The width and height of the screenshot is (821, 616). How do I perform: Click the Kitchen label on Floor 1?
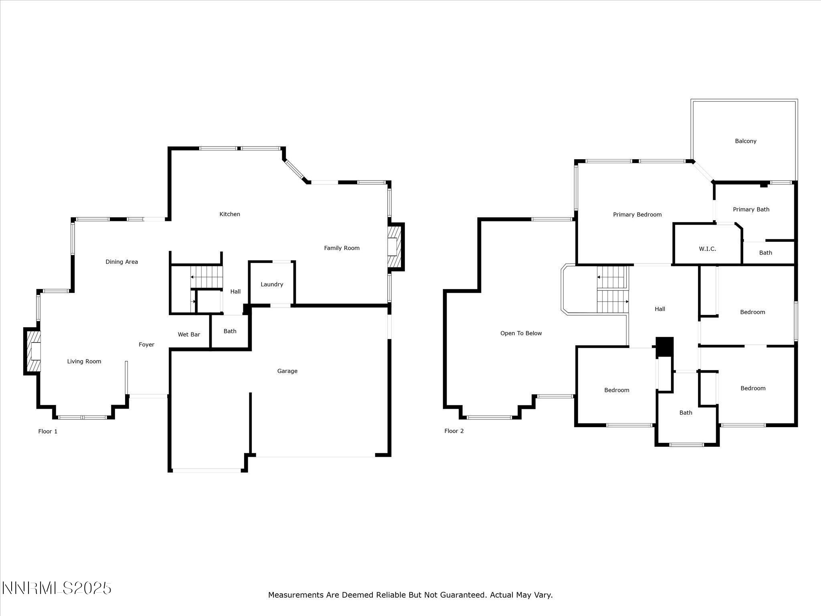(x=230, y=214)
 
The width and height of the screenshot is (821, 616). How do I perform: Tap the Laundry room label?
(x=272, y=284)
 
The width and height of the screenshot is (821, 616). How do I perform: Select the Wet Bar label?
(x=189, y=334)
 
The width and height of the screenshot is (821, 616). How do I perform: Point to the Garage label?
(x=287, y=371)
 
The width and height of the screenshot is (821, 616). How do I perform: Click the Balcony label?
(x=746, y=141)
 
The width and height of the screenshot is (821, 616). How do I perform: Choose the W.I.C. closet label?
(x=708, y=249)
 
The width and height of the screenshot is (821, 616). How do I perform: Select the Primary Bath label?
(x=751, y=209)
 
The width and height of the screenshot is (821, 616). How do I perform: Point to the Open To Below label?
(x=521, y=333)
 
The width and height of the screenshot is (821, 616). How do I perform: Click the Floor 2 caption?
(x=454, y=431)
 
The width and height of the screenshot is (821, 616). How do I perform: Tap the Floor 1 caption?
(x=48, y=432)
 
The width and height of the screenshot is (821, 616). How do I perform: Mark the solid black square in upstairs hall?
(x=665, y=346)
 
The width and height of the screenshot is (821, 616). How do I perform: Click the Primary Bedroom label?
(x=637, y=215)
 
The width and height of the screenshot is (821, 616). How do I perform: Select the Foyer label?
(x=146, y=344)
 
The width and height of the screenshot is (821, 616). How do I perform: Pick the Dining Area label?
(x=121, y=262)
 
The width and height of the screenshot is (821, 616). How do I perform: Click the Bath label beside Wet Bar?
(x=230, y=331)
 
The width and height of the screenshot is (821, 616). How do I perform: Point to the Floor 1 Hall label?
(x=235, y=292)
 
